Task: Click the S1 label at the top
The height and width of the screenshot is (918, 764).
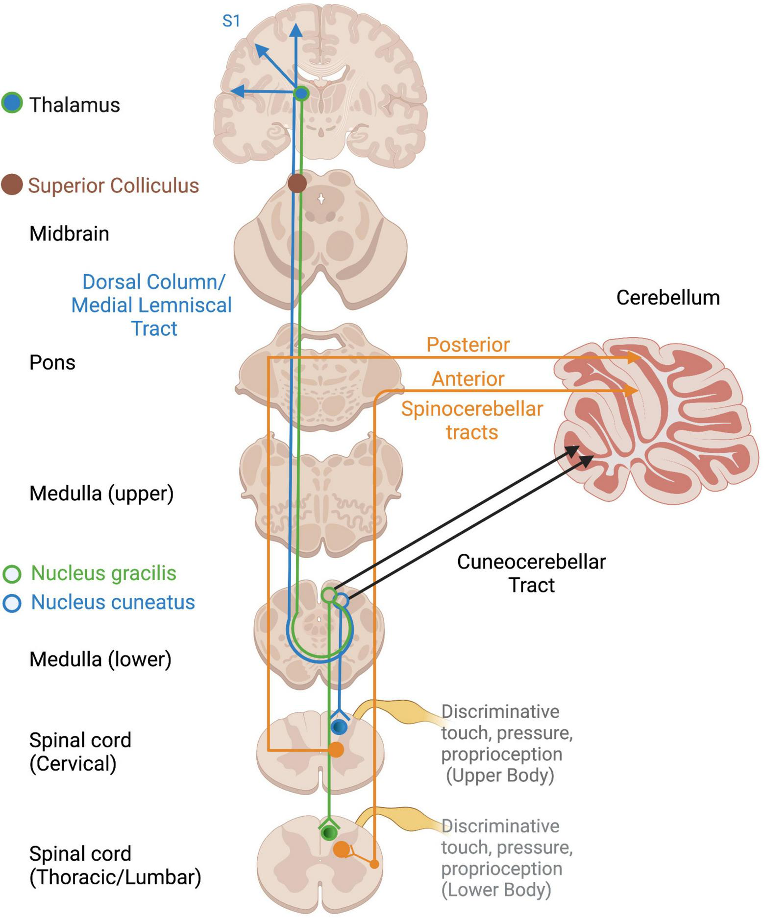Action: tap(231, 21)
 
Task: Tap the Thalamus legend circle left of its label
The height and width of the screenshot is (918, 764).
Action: tap(12, 103)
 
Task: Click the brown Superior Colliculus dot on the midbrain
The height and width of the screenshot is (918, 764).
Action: tap(297, 184)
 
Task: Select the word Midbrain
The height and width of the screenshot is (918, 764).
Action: tap(69, 234)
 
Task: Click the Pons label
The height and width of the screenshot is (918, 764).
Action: tap(52, 363)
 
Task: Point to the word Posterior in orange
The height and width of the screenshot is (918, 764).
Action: tap(468, 345)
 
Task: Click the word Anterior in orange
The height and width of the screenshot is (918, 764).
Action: tap(468, 379)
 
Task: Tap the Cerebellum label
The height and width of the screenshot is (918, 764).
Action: tap(667, 298)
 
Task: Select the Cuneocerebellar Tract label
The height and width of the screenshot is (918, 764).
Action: tap(531, 573)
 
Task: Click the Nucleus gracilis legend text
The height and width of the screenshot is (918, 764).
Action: tap(103, 573)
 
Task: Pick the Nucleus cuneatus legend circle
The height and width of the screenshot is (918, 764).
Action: tap(12, 603)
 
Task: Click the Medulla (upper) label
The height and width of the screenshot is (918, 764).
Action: tap(101, 494)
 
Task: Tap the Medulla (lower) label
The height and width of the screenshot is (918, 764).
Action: tap(100, 659)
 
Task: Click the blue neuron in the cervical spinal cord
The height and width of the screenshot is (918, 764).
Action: tap(339, 727)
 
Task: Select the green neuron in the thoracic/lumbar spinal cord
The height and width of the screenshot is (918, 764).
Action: tap(329, 832)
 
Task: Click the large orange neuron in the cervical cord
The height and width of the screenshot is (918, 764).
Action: tap(336, 750)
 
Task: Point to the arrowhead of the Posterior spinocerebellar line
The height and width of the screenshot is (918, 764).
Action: tap(635, 358)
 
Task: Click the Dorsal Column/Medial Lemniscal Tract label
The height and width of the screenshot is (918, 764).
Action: tap(151, 305)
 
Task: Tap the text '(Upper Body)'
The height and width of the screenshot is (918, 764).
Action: tap(500, 776)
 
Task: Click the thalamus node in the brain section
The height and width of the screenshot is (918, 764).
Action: tap(301, 93)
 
